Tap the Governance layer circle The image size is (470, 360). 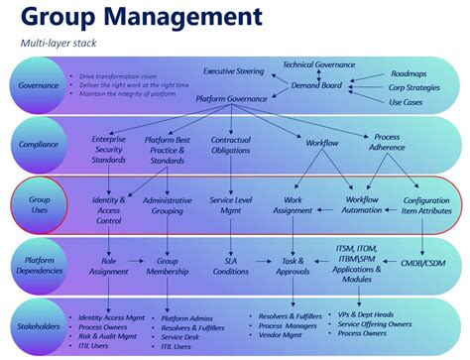click(x=39, y=85)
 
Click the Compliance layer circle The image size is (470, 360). click(x=39, y=144)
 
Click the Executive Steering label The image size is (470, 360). click(x=234, y=71)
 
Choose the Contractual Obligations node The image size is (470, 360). click(x=231, y=145)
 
